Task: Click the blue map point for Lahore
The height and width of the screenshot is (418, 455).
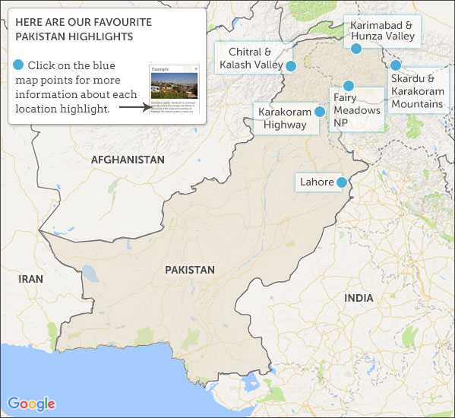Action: (342, 182)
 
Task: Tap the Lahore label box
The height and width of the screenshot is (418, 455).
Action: (317, 182)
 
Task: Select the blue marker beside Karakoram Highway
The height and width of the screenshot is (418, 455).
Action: (320, 112)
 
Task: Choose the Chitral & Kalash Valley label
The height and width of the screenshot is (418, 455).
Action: (249, 59)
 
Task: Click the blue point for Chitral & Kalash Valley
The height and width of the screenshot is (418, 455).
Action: (290, 65)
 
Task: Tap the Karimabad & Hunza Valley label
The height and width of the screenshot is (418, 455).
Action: (381, 30)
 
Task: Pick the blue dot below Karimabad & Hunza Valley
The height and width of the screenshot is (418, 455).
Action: (355, 49)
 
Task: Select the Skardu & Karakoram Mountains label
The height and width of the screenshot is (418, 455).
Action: (417, 90)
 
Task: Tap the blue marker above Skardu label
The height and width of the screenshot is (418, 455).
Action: (396, 65)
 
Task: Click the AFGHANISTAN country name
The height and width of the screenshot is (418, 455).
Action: (128, 160)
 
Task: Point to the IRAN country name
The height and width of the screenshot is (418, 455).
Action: (31, 279)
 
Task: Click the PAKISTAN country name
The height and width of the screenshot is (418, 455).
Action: (190, 270)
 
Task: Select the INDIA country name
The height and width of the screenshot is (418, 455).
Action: (359, 298)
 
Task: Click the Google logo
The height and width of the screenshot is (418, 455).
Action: (32, 404)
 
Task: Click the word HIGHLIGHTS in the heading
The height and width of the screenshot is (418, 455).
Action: (103, 36)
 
